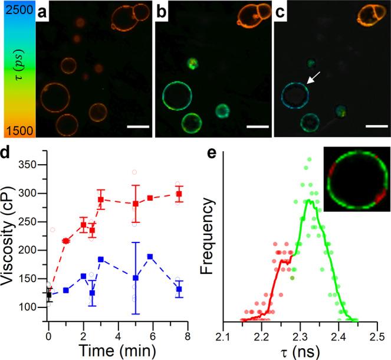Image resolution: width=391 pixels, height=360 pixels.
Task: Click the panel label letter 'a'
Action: [44, 10]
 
